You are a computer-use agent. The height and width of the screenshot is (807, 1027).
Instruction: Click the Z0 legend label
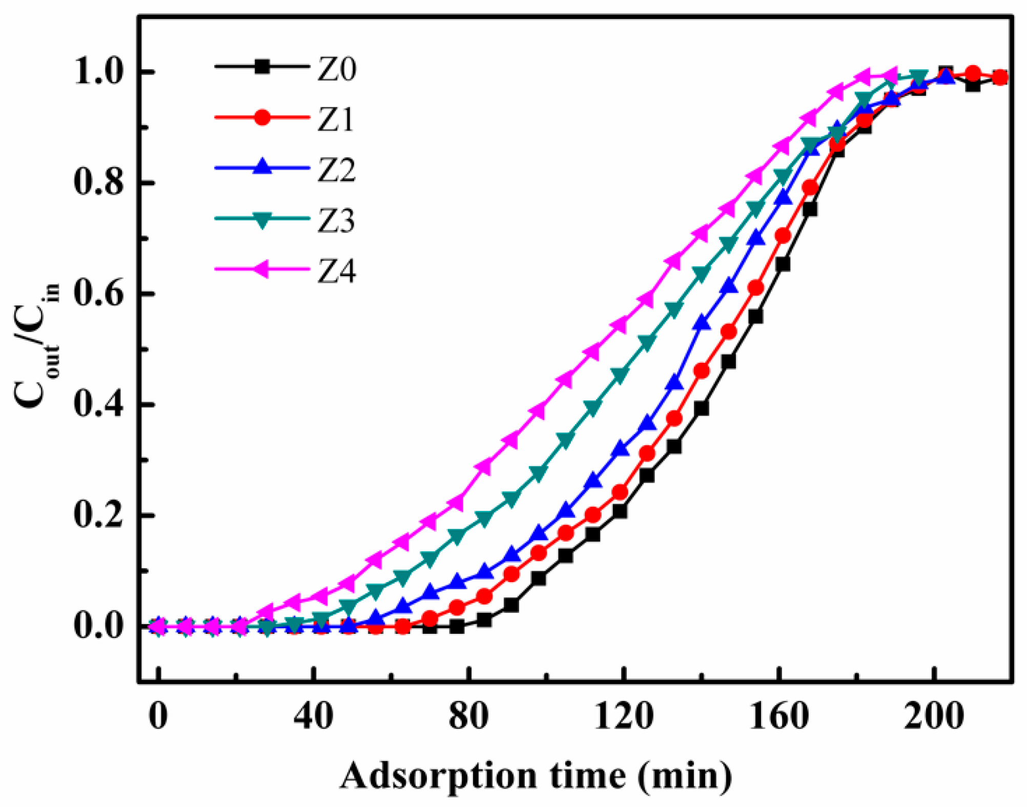[336, 70]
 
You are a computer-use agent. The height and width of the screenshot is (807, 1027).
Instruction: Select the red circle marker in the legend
[262, 117]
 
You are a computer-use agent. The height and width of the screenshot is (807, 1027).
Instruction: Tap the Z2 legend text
[336, 171]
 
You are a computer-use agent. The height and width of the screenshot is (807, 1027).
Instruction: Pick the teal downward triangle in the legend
[262, 220]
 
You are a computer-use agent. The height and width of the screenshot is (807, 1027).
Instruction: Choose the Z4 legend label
[336, 272]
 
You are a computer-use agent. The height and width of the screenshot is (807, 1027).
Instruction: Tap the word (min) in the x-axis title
[685, 776]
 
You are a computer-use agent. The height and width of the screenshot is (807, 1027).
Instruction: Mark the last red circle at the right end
[1000, 78]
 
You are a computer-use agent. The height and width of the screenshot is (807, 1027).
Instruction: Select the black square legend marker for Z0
[262, 67]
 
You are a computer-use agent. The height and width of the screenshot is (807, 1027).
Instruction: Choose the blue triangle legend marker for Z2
[262, 167]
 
